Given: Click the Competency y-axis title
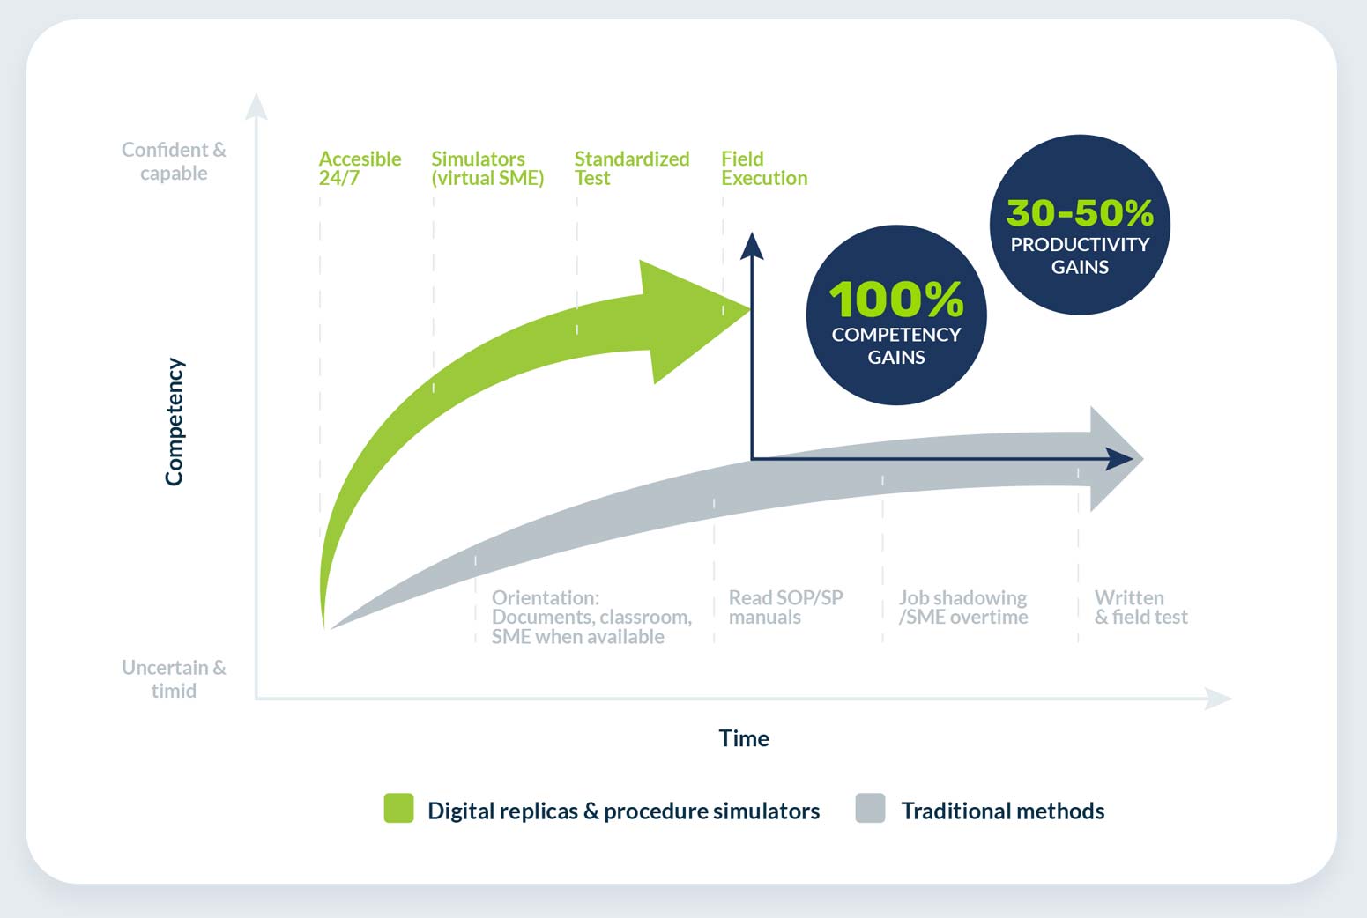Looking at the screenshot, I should pos(175,421).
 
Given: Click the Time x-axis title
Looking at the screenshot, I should pos(743,738).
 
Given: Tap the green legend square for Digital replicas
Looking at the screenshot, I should pos(398,808).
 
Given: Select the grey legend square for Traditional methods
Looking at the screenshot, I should pos(870,808).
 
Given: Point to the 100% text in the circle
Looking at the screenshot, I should pos(895,300).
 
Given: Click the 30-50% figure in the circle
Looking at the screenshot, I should pos(1080,212).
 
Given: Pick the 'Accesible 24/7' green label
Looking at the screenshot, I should pos(359,168).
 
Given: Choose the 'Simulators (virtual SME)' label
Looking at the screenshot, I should pos(487,168).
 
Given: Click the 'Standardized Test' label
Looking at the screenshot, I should pos(631,168).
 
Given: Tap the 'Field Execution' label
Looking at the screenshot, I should pos(763,168).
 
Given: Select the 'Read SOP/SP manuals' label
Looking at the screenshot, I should pos(784,607).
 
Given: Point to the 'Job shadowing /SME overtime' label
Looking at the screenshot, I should pos(962,607).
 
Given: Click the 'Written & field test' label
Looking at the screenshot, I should pos(1140,607).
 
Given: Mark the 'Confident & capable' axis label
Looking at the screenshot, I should pos(174,161).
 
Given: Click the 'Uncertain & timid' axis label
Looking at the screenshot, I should pos(174,679).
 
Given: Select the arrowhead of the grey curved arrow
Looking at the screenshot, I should pos(1112,459).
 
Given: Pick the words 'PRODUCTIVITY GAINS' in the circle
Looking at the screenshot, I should pos(1080,255).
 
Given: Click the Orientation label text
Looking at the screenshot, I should pos(591,617).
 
